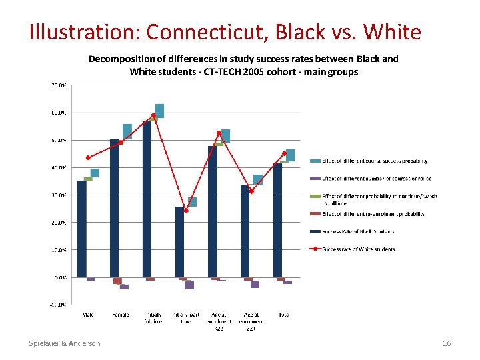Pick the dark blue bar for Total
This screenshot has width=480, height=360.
pos(278,220)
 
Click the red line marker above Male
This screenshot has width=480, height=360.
pos(88,158)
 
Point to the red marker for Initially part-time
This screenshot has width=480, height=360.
pos(186,211)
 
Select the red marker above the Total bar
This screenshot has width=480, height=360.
pos(284,153)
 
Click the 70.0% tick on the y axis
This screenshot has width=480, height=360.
pos(59,85)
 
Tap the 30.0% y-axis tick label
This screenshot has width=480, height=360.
pos(59,195)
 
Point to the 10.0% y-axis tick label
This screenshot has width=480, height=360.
pos(59,250)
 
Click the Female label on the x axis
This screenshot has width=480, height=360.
pos(121,315)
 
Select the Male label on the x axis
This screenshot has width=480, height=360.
pos(88,315)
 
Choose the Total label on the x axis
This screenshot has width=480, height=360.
pos(284,315)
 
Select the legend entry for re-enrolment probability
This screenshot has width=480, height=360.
pos(373,214)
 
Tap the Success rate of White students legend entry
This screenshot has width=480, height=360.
pos(359,249)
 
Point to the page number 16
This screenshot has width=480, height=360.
pos(447,343)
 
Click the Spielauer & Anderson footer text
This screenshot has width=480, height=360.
pos(65,343)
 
